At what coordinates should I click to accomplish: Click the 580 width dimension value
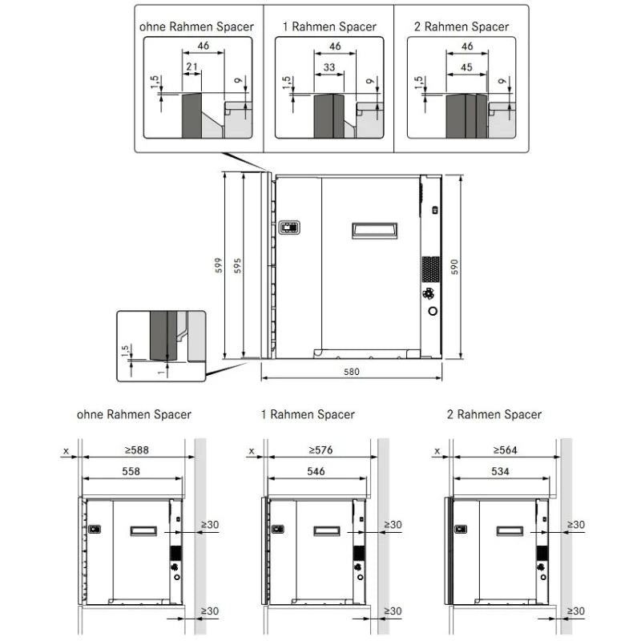point(351,372)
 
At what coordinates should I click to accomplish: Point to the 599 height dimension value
point(219,265)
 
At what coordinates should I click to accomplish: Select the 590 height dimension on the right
point(454,267)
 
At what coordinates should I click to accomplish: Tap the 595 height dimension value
point(237,265)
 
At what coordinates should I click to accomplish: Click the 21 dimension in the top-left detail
point(191,67)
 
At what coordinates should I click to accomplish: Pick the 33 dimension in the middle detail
point(329,67)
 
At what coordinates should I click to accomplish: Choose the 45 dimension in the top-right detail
point(466,67)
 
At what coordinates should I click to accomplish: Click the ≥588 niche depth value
point(136,450)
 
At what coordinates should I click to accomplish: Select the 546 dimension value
point(316,471)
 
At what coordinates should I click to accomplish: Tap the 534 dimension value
point(500,471)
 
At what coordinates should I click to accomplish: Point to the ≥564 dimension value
point(506,450)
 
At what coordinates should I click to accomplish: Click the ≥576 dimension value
point(321,450)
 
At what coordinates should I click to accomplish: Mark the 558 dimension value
point(131,471)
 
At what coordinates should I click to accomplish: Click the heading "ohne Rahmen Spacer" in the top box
point(196,27)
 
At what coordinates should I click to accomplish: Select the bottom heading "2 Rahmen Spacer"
point(494,414)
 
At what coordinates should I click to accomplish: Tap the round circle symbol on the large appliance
point(433,311)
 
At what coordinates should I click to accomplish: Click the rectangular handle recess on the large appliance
point(374,231)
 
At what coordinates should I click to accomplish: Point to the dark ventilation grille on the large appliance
point(431,269)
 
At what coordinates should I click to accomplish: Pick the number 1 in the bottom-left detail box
point(162,372)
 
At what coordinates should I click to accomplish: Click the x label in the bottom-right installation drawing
point(437,451)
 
